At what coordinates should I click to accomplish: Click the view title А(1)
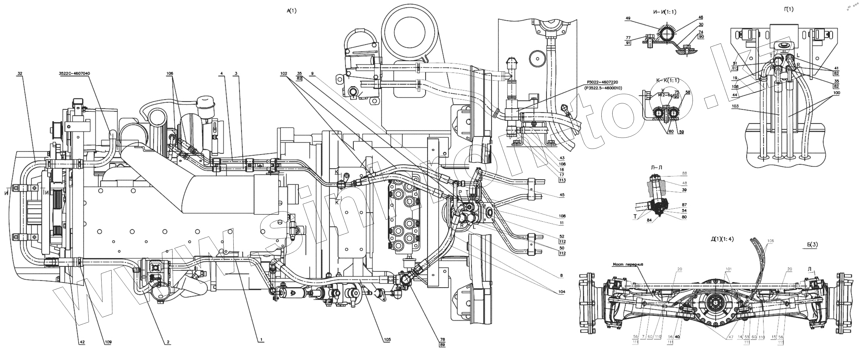[x=291, y=11]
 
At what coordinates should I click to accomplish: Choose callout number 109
[x=108, y=342]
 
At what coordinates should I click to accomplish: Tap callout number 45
[x=562, y=195]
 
